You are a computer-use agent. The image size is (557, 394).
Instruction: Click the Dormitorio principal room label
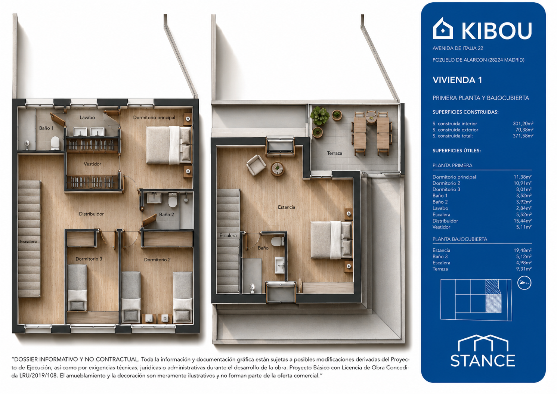[154, 117]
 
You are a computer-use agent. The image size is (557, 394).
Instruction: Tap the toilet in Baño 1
[55, 143]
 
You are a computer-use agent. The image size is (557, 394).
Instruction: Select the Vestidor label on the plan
[93, 164]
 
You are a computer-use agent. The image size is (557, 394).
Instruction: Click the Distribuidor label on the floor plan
[91, 214]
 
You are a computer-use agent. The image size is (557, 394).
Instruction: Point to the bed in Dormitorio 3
[77, 287]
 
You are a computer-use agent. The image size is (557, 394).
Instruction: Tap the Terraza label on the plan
[334, 153]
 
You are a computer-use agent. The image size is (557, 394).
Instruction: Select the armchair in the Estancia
[256, 165]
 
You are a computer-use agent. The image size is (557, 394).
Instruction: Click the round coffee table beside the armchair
[277, 169]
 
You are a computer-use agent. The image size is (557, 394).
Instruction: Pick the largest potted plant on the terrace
[319, 116]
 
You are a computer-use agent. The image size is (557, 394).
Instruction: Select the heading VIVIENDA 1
[457, 80]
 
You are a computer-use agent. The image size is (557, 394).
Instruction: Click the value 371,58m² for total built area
[523, 136]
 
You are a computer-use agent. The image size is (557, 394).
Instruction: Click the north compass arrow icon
[524, 283]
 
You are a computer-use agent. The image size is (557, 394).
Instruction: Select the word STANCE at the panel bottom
[483, 361]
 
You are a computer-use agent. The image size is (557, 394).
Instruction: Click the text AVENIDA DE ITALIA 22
[458, 48]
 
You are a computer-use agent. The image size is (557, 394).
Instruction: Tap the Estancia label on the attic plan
[287, 207]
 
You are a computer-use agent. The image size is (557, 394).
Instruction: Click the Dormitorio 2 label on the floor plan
[157, 260]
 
